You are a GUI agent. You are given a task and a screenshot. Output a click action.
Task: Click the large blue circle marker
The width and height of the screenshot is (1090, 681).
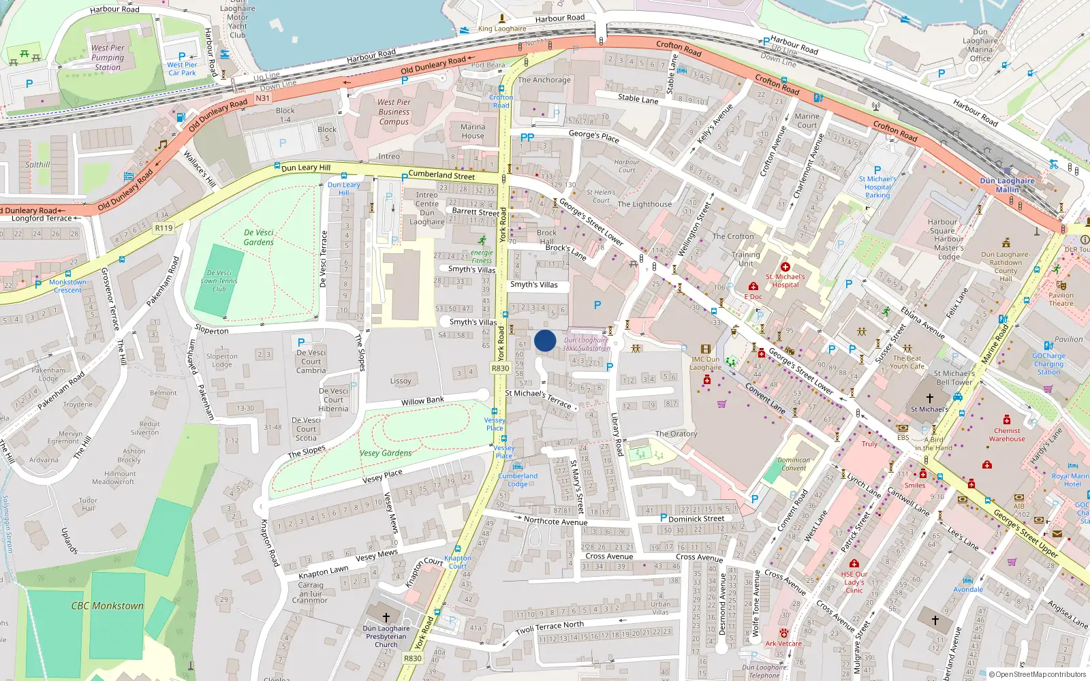tap(545, 340)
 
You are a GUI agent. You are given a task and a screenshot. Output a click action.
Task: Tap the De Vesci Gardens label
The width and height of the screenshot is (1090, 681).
tap(259, 237)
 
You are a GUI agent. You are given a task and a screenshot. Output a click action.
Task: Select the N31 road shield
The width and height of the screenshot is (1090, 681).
tap(263, 98)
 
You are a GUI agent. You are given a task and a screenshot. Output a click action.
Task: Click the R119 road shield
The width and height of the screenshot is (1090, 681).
tap(163, 228)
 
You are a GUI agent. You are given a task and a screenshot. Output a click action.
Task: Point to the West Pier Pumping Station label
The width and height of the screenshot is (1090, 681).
tap(108, 58)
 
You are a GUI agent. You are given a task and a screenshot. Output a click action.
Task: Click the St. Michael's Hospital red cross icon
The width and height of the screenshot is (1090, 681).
tap(785, 267)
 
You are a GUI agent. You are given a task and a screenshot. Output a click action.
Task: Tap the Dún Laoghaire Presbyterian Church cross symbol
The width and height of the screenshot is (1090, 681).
tap(386, 618)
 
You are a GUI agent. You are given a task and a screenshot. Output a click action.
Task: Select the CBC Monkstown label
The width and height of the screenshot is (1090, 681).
tap(108, 605)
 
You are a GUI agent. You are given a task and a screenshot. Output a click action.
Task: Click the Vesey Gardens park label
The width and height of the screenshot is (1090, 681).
tap(386, 453)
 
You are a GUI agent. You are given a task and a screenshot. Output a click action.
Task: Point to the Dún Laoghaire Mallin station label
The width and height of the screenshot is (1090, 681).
tap(1007, 185)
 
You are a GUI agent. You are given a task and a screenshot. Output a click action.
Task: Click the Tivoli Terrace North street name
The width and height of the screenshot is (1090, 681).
tap(549, 627)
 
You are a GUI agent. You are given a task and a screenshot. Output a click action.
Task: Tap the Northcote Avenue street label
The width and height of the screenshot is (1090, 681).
tap(555, 522)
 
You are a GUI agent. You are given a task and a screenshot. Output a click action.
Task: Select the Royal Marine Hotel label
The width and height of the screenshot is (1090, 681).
tap(1071, 480)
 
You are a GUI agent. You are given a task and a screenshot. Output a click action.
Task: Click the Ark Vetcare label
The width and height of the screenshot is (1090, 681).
tap(783, 644)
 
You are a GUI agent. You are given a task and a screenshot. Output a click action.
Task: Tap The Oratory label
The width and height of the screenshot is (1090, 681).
tap(676, 434)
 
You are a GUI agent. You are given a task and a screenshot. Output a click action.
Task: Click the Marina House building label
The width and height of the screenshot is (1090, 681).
tap(472, 131)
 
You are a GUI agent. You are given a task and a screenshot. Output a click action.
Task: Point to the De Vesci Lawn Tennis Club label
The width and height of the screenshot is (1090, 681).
tap(219, 281)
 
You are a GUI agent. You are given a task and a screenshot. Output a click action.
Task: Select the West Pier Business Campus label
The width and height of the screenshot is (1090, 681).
tap(394, 112)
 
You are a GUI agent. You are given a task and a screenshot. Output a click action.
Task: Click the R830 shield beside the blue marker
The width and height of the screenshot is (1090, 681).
tap(500, 368)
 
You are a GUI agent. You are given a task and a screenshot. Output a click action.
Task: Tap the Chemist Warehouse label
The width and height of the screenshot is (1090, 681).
tap(1007, 434)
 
